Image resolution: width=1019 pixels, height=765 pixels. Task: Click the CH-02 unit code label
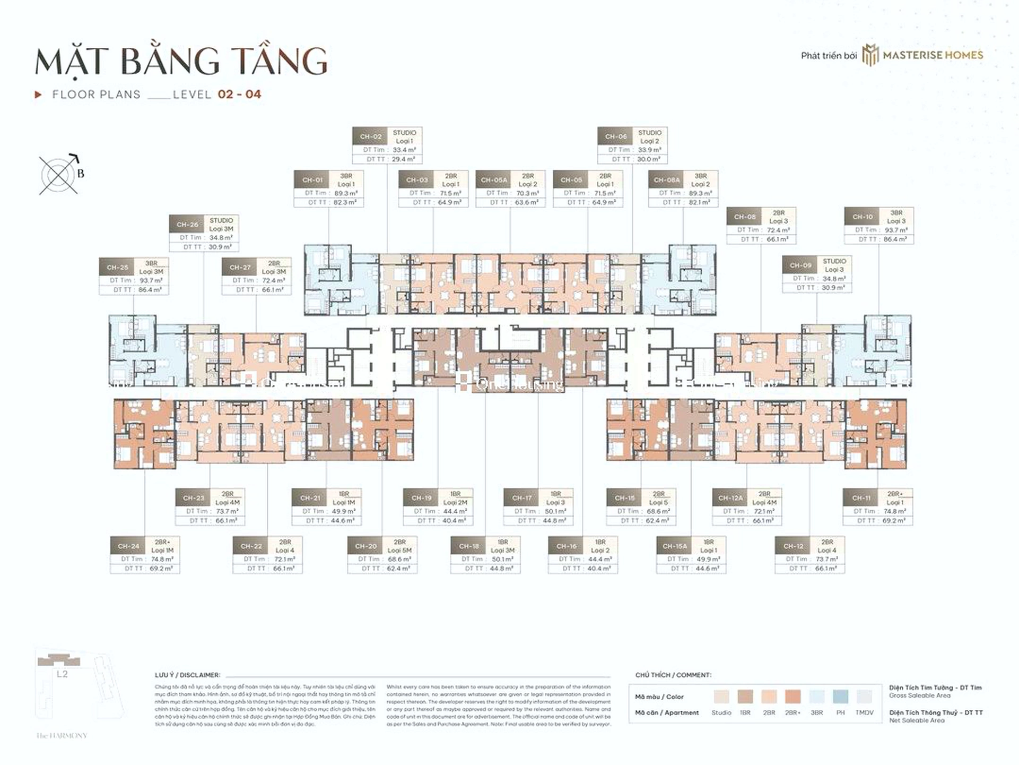pos(371,136)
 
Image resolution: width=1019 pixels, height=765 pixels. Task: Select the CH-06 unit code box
pos(616,136)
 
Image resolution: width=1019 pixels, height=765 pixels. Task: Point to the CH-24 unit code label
pos(128,546)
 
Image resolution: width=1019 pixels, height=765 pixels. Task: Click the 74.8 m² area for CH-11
pos(895,511)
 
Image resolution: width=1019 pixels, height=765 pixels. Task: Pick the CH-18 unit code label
pos(469,546)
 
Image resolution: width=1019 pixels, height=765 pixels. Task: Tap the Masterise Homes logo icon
pos(870,55)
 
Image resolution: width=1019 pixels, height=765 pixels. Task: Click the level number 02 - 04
pos(239,94)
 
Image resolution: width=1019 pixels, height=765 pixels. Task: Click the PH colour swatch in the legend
pos(840,697)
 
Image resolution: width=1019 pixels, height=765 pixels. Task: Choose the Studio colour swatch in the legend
pos(721,697)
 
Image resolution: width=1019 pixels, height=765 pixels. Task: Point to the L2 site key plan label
pos(62,674)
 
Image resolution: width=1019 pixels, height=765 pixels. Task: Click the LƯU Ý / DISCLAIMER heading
pos(187,675)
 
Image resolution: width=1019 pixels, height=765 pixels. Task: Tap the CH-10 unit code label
pos(863,217)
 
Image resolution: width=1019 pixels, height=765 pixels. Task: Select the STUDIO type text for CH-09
pos(834,261)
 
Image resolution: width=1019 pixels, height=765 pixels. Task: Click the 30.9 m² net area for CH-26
pos(220,247)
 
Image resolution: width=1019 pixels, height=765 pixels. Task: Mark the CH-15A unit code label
pos(675,546)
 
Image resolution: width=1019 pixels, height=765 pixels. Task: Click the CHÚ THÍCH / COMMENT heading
pos(673,675)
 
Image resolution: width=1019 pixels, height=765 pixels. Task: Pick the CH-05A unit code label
pos(494,180)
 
